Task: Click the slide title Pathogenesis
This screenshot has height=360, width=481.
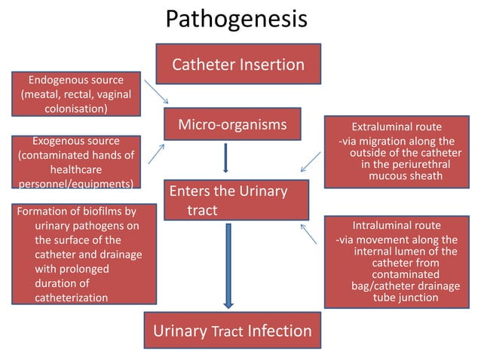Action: point(236,19)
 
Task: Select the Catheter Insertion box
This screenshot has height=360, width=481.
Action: point(238,64)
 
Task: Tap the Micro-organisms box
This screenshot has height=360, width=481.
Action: point(232,124)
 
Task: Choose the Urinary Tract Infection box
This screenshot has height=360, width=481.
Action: point(232,331)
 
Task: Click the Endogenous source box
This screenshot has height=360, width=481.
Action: point(75,93)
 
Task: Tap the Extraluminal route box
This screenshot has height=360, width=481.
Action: point(397,151)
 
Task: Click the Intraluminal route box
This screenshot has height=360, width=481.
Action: point(397,261)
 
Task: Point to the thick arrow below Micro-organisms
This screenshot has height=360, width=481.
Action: point(225,157)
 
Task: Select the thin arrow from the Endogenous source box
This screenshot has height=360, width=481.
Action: point(156,90)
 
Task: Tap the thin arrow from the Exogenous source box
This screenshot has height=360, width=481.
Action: point(156,153)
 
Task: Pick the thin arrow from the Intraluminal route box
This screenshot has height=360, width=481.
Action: point(309,233)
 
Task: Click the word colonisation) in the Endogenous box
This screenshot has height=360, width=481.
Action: point(75,108)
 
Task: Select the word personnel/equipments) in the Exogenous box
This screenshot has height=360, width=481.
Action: point(75,184)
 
